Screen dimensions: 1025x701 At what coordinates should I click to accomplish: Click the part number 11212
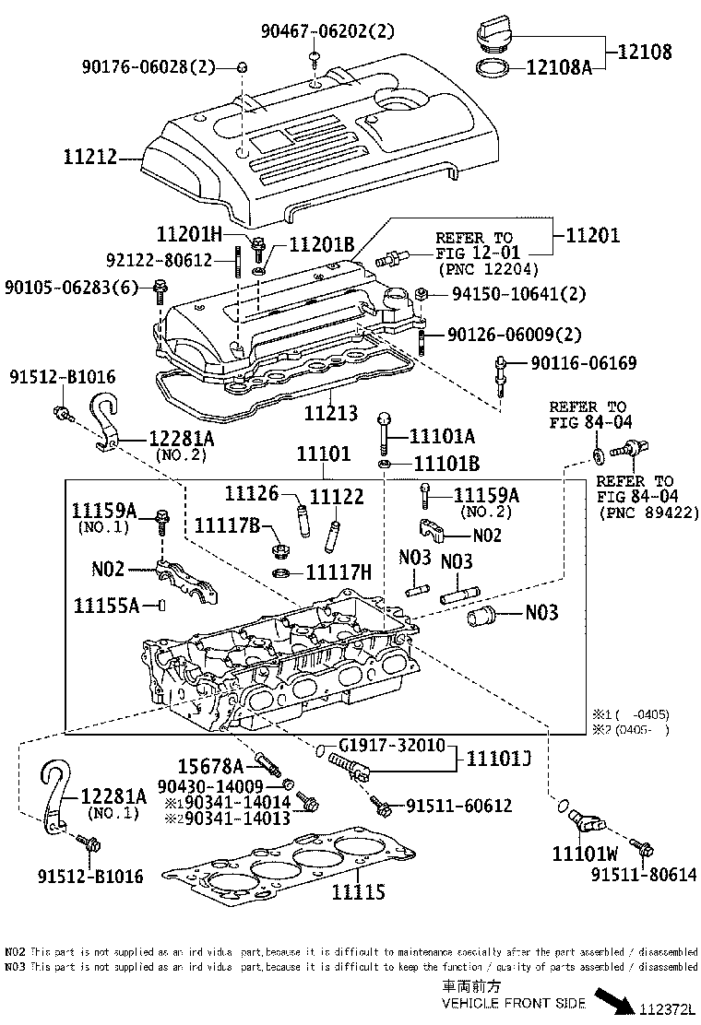tap(90, 158)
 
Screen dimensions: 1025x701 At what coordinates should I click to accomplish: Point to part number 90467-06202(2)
tap(327, 31)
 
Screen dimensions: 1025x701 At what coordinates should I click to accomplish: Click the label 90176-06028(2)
tap(147, 67)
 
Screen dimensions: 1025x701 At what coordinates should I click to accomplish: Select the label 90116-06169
tap(583, 363)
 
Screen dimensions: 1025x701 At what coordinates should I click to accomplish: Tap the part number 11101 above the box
tap(324, 454)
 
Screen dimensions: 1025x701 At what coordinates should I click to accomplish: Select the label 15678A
tap(210, 765)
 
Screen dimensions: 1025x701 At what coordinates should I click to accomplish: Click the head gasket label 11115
tap(359, 891)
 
